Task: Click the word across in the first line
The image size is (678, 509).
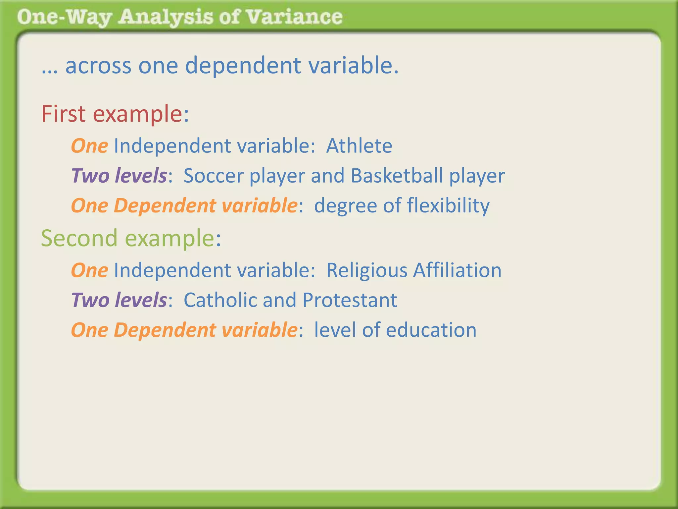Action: pyautogui.click(x=98, y=66)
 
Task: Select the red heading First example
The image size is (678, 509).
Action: pyautogui.click(x=115, y=114)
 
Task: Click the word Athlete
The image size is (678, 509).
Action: pyautogui.click(x=359, y=146)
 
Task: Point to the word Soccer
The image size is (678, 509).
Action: pyautogui.click(x=214, y=176)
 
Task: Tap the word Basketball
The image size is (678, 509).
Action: pyautogui.click(x=397, y=176)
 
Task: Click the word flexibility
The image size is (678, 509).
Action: pyautogui.click(x=448, y=206)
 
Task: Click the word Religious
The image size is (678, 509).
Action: pyautogui.click(x=366, y=270)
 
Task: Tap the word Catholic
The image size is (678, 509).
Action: pyautogui.click(x=220, y=300)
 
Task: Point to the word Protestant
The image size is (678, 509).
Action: pyautogui.click(x=350, y=300)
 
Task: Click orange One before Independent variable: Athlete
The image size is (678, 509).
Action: pyautogui.click(x=89, y=146)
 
